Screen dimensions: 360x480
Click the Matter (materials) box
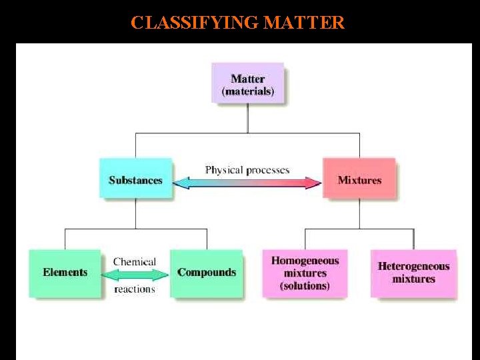tap(247, 83)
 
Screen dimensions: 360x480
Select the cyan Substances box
tap(135, 179)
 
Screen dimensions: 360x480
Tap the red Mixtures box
tap(359, 179)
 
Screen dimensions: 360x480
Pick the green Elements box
tap(65, 273)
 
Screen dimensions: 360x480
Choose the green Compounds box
tap(206, 273)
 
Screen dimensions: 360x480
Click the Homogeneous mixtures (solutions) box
tap(305, 273)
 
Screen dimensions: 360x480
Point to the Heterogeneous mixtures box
tap(413, 273)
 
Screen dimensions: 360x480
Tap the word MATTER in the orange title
tap(304, 23)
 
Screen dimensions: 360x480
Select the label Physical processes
tap(247, 170)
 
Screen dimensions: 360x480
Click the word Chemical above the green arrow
tap(135, 261)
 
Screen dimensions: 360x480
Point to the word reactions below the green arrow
tap(135, 289)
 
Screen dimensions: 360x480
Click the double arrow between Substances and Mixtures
tap(247, 182)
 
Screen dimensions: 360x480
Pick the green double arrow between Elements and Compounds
tap(135, 275)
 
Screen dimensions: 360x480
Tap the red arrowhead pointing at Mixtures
tap(314, 182)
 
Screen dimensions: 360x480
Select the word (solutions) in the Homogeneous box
tap(305, 286)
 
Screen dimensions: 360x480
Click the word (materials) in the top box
tap(247, 91)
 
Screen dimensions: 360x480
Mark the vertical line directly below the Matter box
tap(247, 118)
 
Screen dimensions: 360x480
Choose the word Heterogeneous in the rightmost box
tap(413, 267)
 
